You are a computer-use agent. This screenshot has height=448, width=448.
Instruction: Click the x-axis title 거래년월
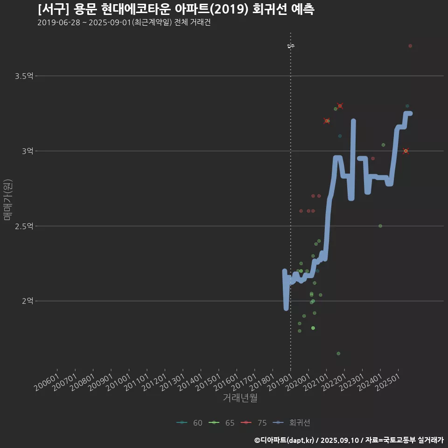click(x=240, y=398)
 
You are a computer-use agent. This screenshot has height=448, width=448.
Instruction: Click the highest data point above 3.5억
click(x=410, y=46)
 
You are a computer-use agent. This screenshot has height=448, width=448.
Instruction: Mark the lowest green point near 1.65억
click(x=338, y=353)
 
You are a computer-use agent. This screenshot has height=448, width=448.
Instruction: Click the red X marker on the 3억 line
click(x=406, y=151)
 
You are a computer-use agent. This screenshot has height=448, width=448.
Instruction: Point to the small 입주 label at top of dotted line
click(x=291, y=46)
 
